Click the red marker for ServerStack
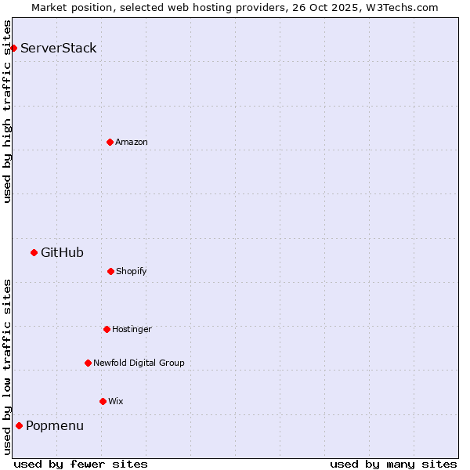pos(13,48)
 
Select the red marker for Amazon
pos(110,142)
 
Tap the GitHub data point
pos(34,252)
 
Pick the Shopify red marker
pos(110,271)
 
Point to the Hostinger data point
pos(107,329)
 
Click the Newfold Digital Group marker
pos(88,363)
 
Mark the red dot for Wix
pos(103,401)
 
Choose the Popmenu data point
pos(19,425)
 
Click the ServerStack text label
pos(59,48)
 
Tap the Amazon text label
pos(132,142)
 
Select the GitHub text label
pos(62,252)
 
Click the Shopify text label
pos(132,271)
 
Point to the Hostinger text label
pos(132,329)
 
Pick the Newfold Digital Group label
pos(139,363)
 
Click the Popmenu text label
pos(55,425)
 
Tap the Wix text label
pos(116,401)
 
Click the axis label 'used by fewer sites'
pos(81,464)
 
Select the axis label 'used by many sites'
pos(393,464)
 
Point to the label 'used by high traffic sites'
pos(7,111)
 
